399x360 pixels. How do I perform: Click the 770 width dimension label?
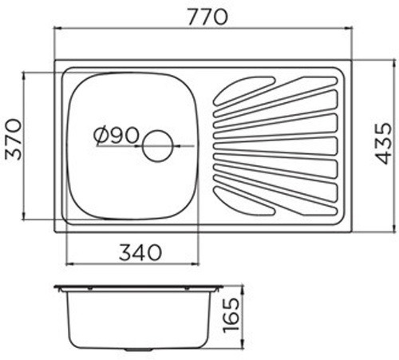[207, 17]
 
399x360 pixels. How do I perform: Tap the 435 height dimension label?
[383, 143]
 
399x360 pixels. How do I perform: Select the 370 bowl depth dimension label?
[13, 139]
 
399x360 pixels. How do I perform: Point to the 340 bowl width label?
[140, 253]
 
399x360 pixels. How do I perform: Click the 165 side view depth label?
[231, 315]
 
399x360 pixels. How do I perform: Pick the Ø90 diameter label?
[117, 135]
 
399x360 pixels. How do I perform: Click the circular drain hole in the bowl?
[158, 146]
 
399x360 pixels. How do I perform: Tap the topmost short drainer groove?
[244, 90]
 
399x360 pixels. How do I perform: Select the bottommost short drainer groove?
[244, 200]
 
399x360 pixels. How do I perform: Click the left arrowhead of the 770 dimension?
[58, 29]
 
